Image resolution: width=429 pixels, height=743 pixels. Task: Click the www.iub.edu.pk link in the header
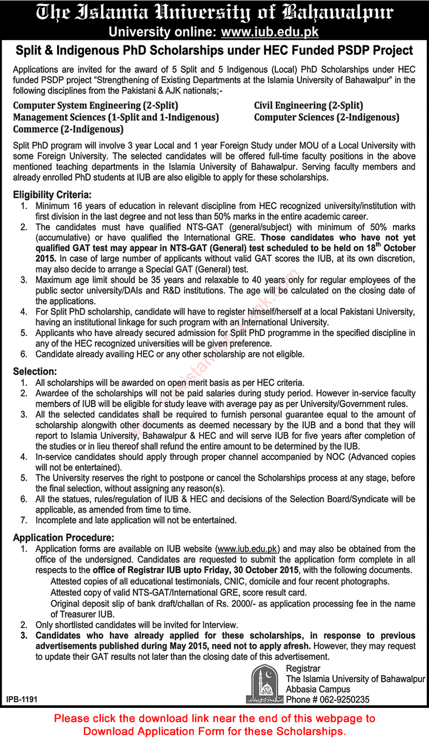[270, 32]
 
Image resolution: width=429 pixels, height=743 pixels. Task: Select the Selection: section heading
[35, 371]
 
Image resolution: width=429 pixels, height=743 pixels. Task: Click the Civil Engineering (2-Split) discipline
[308, 106]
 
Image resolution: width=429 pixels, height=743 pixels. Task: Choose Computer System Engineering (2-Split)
[96, 106]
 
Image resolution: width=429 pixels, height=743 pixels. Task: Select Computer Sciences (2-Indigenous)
[326, 118]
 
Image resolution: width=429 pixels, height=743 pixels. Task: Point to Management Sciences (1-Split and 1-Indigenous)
[116, 118]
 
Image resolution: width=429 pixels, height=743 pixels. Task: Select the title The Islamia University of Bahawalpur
[214, 13]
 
